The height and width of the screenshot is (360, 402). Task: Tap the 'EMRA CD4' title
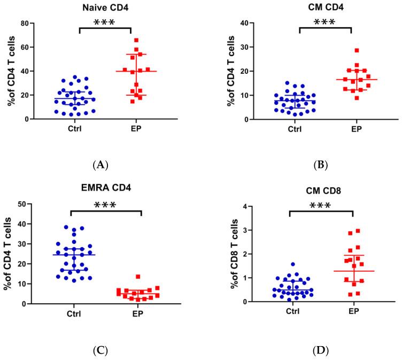point(105,190)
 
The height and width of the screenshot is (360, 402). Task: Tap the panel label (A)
point(100,165)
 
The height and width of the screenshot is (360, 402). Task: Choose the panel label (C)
point(100,350)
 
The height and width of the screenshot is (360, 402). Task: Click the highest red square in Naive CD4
point(136,40)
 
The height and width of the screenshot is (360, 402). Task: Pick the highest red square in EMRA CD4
point(138,277)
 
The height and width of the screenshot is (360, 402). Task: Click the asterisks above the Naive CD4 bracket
point(105,22)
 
